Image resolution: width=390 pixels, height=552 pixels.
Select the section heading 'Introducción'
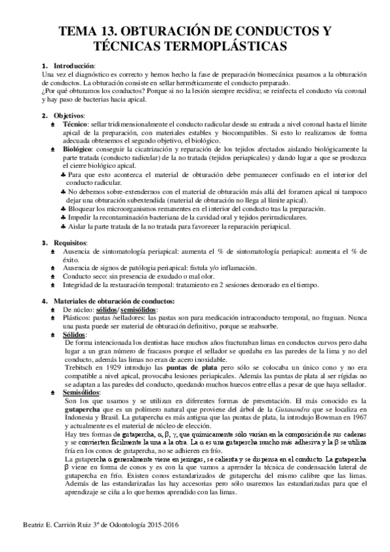(74, 67)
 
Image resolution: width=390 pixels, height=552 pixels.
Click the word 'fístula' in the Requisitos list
(194, 268)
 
